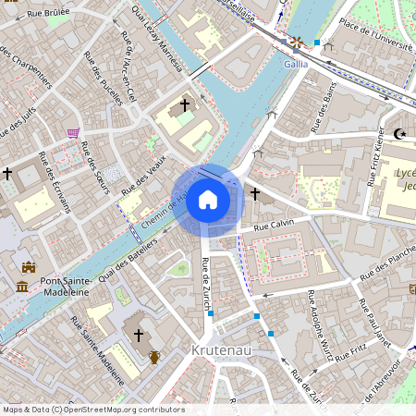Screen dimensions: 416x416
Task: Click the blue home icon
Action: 208,200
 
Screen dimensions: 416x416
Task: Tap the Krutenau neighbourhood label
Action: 223,350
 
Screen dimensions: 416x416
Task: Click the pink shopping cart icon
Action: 73,132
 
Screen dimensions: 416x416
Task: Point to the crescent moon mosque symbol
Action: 399,134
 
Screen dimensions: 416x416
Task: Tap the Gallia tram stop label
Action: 296,65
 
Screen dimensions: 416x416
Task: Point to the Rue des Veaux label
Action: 144,173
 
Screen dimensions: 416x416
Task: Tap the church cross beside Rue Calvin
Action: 255,193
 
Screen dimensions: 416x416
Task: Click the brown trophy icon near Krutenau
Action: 154,356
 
